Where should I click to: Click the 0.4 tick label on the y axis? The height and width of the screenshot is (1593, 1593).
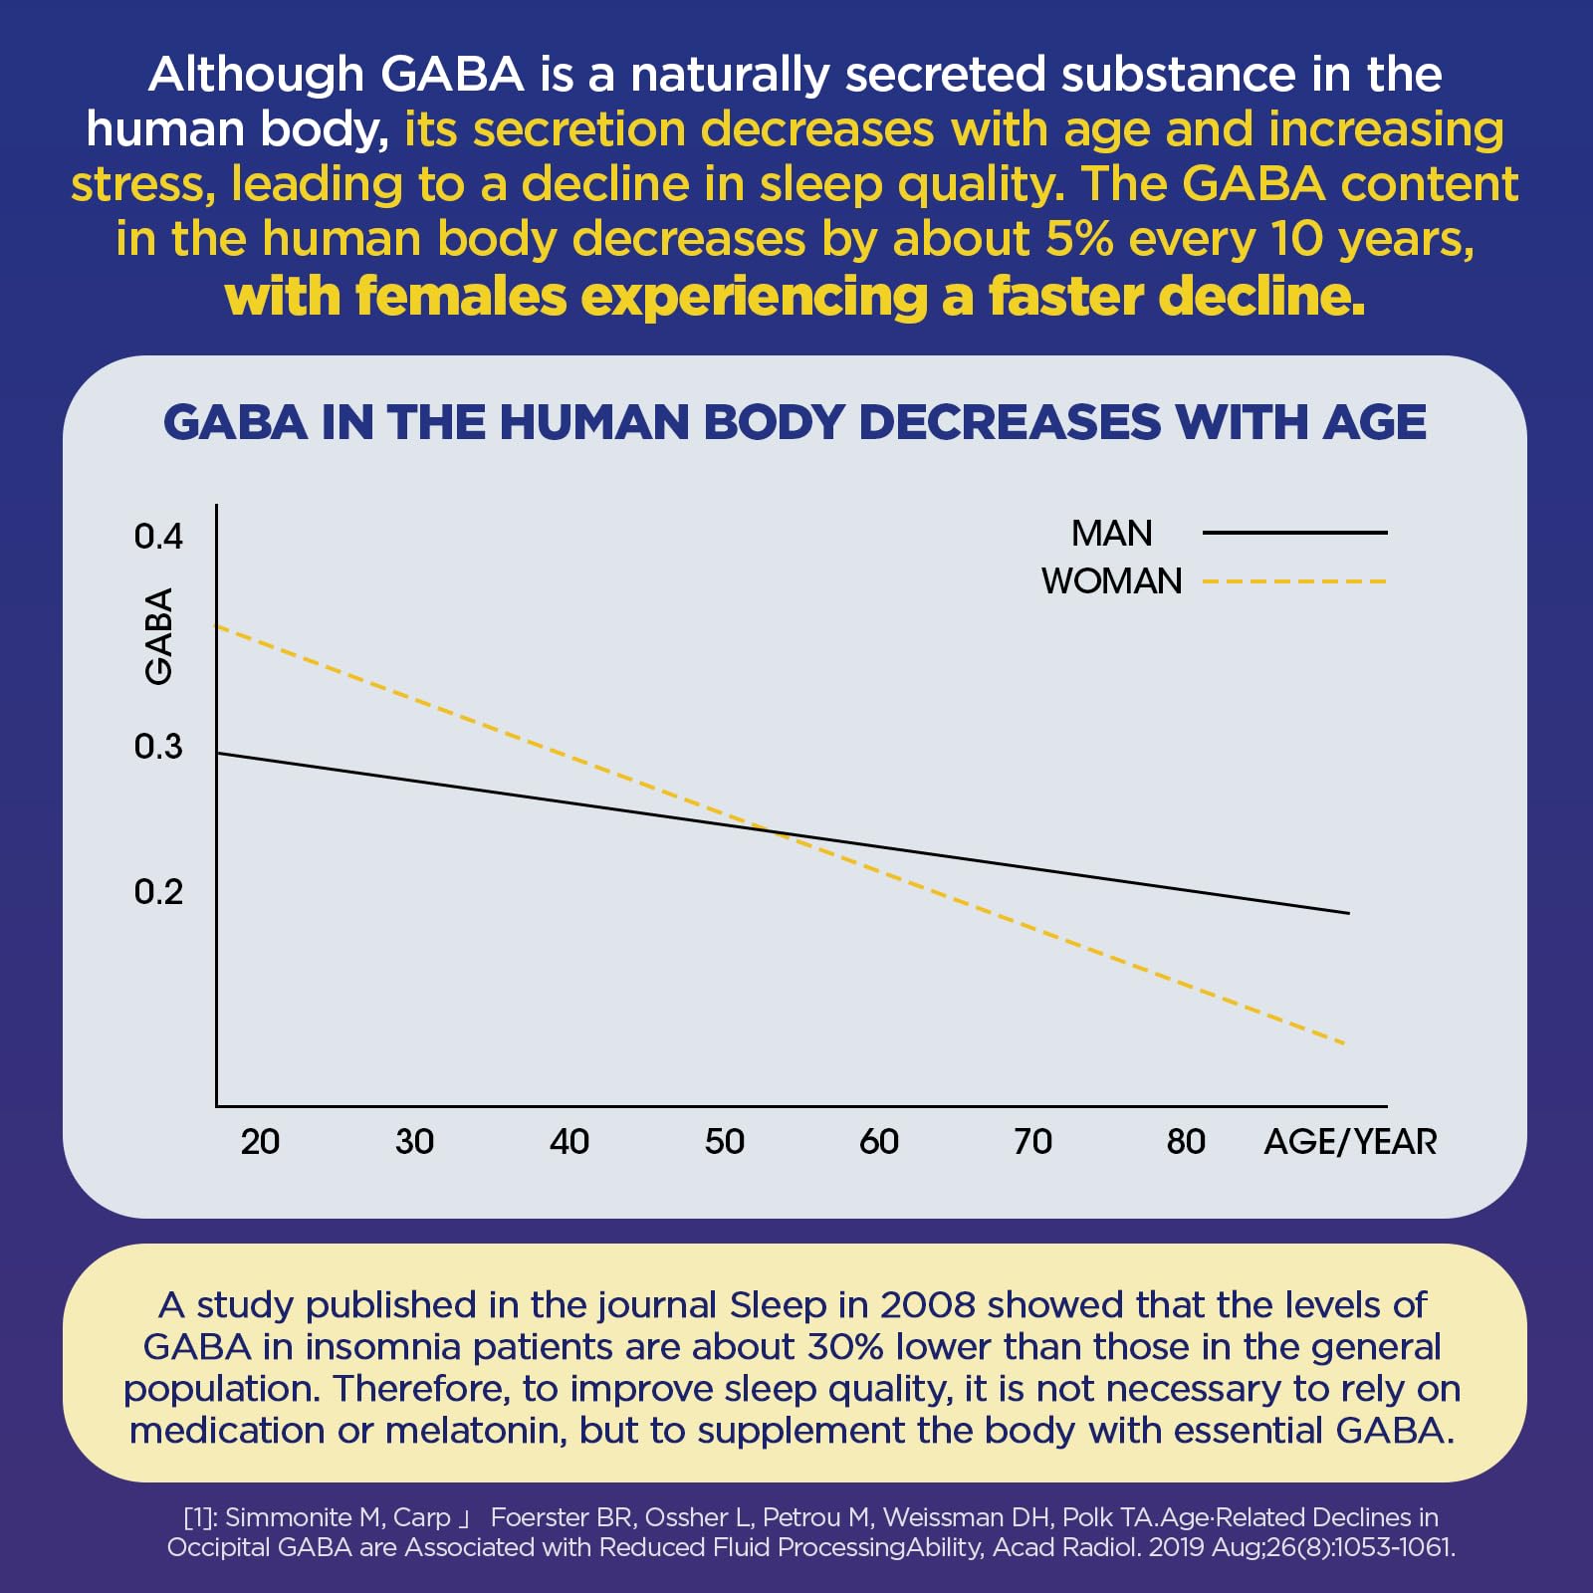click(x=158, y=537)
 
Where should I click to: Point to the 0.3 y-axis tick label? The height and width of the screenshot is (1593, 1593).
click(x=158, y=747)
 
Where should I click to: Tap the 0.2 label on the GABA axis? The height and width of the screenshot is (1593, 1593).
click(x=158, y=892)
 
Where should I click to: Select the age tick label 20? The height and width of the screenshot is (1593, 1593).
click(x=260, y=1142)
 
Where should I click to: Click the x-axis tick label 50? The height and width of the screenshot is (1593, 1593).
click(x=724, y=1142)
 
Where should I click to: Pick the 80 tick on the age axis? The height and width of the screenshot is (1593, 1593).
click(x=1186, y=1142)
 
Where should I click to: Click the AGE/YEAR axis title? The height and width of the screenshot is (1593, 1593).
click(x=1350, y=1142)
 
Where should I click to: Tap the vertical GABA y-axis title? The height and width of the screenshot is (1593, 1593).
click(x=159, y=636)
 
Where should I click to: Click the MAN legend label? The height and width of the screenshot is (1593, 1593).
click(x=1111, y=534)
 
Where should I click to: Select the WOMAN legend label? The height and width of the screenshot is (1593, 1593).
click(x=1111, y=581)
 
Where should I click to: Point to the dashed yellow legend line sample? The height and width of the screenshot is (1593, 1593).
click(x=1294, y=581)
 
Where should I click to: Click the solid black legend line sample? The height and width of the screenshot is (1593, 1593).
click(x=1294, y=533)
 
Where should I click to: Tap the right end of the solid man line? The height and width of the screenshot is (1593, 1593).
click(x=1348, y=912)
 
